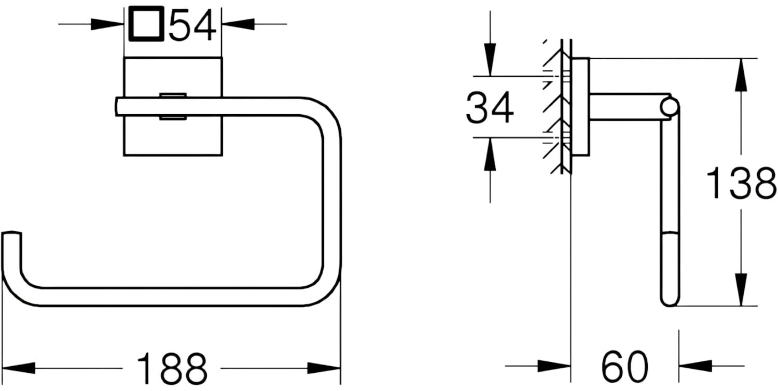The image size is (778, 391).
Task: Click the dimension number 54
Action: tap(192, 25)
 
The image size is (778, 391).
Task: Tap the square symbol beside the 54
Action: tap(146, 24)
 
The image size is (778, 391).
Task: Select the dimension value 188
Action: tap(172, 368)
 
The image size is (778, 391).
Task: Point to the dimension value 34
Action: tap(490, 107)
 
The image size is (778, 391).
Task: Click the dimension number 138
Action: tap(741, 183)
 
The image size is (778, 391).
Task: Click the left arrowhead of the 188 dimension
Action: tap(19, 368)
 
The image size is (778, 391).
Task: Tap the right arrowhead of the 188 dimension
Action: tap(324, 368)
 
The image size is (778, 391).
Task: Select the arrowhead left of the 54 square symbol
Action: tap(107, 24)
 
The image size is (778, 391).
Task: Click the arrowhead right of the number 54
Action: tap(238, 24)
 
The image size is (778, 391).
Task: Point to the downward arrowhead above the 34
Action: tap(490, 60)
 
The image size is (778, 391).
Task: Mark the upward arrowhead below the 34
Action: tap(490, 154)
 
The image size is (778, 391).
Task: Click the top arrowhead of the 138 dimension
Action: tap(741, 75)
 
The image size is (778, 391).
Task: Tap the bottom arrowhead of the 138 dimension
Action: tap(741, 289)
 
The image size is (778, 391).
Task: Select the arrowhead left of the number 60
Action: tap(554, 366)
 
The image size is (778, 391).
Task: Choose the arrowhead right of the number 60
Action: tap(696, 366)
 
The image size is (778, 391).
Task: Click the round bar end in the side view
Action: tap(669, 107)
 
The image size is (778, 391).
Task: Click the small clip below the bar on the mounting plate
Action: tap(173, 118)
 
